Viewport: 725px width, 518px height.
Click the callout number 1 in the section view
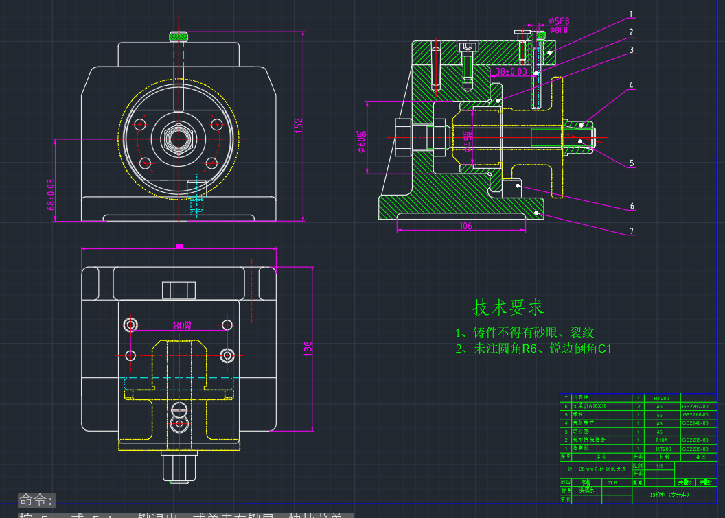click(631, 14)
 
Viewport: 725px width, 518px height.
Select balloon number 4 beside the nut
click(631, 86)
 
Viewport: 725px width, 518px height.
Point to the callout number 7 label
click(631, 231)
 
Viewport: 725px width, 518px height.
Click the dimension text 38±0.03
click(511, 71)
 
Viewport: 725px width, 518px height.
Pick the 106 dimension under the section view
click(465, 226)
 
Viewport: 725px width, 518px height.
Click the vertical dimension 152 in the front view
click(299, 125)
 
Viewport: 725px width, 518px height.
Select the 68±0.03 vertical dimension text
click(51, 194)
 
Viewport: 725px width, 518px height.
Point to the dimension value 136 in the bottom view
click(308, 348)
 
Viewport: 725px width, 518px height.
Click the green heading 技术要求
click(508, 307)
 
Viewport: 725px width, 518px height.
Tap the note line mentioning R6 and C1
click(533, 349)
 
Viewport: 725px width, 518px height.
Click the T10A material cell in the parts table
click(661, 440)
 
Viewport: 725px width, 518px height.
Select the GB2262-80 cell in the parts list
click(695, 406)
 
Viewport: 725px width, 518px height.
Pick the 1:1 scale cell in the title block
click(659, 466)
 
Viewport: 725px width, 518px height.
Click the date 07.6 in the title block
click(612, 482)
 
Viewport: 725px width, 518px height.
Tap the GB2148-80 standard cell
click(695, 423)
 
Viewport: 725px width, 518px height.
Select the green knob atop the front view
click(179, 36)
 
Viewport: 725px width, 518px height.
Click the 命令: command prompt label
click(36, 499)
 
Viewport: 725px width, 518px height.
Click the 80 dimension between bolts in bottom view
click(182, 325)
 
